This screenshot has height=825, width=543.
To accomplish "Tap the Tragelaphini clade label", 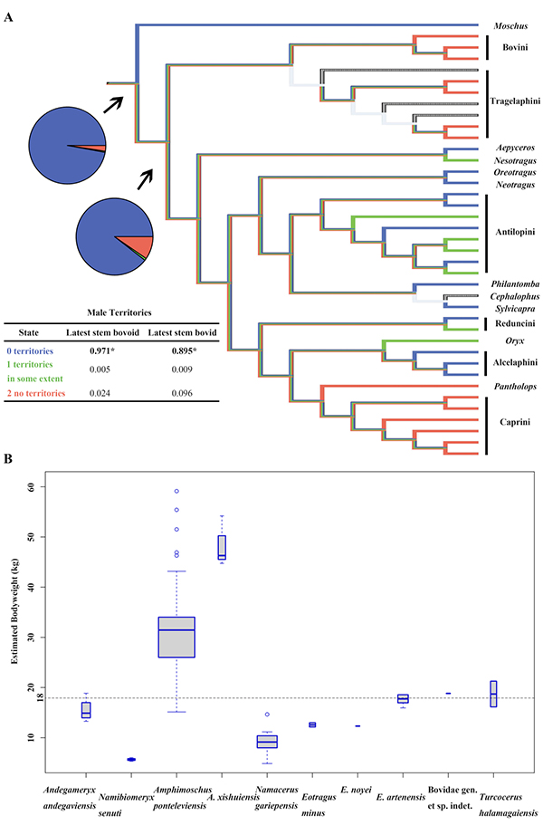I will pyautogui.click(x=513, y=101).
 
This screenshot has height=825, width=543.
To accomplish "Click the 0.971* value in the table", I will pyautogui.click(x=97, y=350).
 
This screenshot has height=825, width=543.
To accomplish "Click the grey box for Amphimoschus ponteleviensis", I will pyautogui.click(x=176, y=637).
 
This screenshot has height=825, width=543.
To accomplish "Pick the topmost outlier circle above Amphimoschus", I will pyautogui.click(x=176, y=491).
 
